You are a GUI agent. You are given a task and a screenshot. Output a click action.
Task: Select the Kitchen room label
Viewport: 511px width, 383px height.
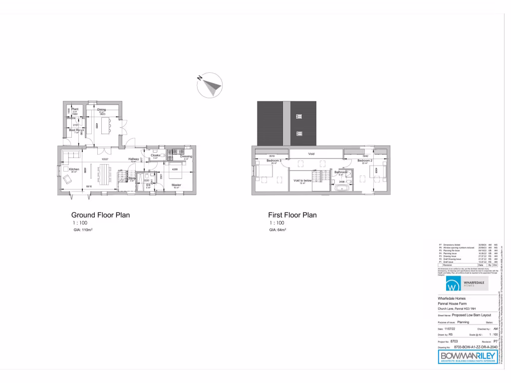tap(74, 169)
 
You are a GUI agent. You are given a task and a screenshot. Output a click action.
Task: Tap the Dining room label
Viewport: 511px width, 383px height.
tap(101, 109)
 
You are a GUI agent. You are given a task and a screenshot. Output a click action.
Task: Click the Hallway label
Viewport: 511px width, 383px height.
tap(133, 159)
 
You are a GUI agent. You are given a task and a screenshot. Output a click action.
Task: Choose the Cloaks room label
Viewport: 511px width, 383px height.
tap(155, 155)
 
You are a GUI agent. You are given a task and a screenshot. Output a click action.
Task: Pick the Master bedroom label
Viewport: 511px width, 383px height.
tap(176, 185)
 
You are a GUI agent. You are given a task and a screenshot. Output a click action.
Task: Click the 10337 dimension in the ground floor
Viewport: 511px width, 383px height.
tap(105, 159)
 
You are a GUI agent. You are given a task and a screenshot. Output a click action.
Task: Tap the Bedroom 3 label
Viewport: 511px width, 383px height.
tap(274, 161)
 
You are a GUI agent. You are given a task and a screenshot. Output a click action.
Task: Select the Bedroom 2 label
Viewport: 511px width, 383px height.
tap(365, 161)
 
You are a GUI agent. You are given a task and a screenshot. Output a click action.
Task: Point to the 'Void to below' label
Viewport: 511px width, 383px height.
tap(302, 180)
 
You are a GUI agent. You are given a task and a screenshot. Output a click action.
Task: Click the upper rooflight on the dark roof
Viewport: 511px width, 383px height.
tap(299, 116)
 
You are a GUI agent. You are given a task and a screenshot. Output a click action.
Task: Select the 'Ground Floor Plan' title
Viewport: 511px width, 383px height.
tap(100, 215)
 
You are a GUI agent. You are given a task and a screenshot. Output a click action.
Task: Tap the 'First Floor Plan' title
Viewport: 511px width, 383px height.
tap(293, 215)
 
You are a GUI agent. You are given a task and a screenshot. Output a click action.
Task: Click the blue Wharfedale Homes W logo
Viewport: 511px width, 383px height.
tap(452, 286)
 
